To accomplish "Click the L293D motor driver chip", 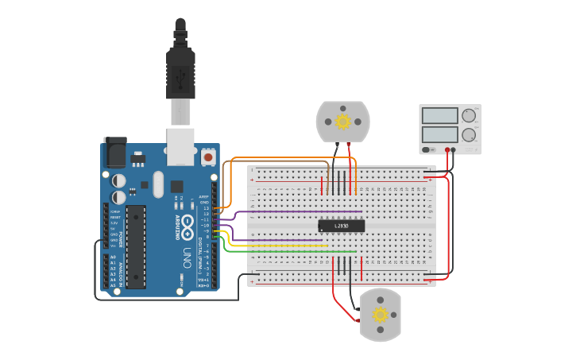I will tap(341, 226).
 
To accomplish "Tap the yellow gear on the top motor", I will tap(343, 122).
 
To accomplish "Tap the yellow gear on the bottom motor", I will tap(381, 315).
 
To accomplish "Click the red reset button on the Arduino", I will tap(208, 157).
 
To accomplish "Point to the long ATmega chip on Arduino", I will tap(136, 246).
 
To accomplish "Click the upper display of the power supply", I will tap(439, 116).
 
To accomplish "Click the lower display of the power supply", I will tap(439, 135).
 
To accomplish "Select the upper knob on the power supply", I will tap(469, 115).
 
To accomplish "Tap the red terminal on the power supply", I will tap(448, 149).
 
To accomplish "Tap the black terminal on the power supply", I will tap(454, 149).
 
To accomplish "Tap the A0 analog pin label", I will tap(112, 257).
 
